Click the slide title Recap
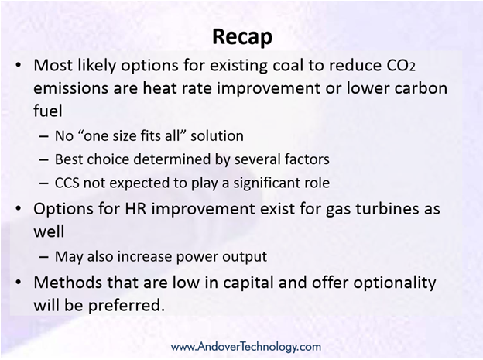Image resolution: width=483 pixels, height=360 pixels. pos(242,37)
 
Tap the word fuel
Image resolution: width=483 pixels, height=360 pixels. pos(48,111)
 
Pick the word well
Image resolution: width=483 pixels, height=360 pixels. pos(49,231)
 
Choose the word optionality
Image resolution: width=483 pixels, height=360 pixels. pos(395,283)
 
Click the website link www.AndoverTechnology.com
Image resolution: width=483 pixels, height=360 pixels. pos(246,346)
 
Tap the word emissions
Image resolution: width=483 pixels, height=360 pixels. pos(70,88)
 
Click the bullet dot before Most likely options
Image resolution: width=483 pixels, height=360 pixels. pos(19,66)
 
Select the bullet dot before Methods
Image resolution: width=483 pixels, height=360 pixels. pos(19,283)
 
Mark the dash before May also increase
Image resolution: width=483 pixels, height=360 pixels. pos(44,257)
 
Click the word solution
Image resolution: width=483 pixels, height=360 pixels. pos(217,136)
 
